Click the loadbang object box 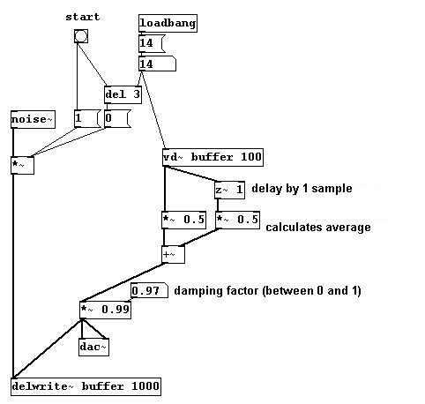click(x=168, y=23)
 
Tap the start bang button click(x=81, y=36)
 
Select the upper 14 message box click(x=152, y=44)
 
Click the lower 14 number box click(x=157, y=64)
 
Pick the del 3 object click(x=123, y=94)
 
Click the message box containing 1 click(x=87, y=119)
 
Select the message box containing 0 click(x=117, y=119)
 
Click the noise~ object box click(x=33, y=120)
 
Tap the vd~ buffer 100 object click(x=212, y=157)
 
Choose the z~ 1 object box click(x=229, y=190)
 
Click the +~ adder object click(x=174, y=255)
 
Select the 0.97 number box click(x=149, y=290)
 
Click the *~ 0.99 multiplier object click(x=105, y=310)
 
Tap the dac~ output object click(x=93, y=348)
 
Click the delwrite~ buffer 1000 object click(x=86, y=386)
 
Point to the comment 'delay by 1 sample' click(x=302, y=189)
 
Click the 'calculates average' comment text click(x=318, y=228)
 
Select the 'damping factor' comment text click(x=267, y=291)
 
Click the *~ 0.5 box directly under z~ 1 click(x=237, y=220)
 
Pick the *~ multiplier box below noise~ click(x=22, y=166)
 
